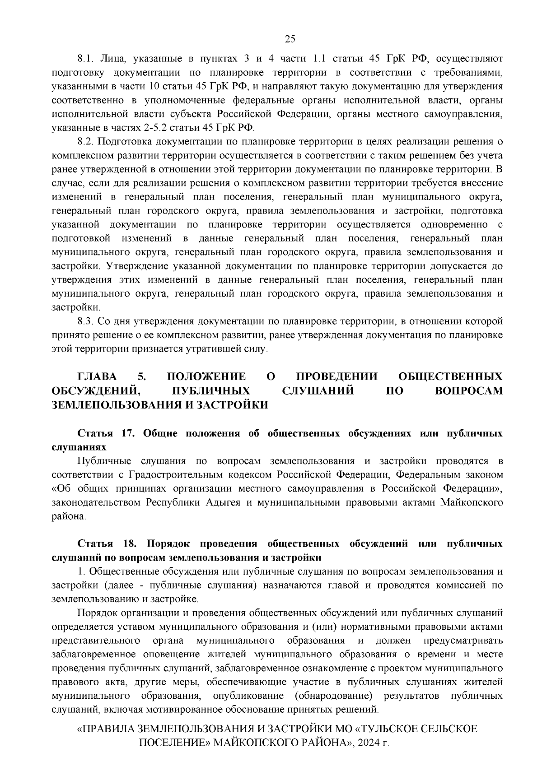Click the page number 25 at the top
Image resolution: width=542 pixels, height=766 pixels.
pyautogui.click(x=290, y=39)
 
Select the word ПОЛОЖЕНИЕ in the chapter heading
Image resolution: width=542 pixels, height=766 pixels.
pyautogui.click(x=206, y=377)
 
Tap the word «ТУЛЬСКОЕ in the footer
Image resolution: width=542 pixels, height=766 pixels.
pyautogui.click(x=383, y=729)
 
